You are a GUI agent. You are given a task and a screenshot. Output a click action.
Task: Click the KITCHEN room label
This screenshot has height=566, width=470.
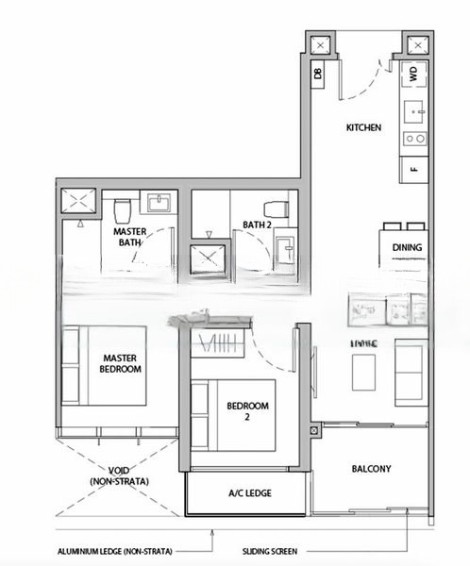[363, 127]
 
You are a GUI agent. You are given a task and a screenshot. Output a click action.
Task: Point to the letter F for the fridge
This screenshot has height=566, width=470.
[413, 169]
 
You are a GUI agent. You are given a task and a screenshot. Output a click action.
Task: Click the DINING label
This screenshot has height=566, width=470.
[406, 249]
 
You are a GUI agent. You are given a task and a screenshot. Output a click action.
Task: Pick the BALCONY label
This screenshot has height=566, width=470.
[371, 469]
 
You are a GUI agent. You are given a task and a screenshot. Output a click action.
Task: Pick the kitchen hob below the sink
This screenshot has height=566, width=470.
[413, 139]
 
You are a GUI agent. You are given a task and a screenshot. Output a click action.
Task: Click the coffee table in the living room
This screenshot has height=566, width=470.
[365, 372]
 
